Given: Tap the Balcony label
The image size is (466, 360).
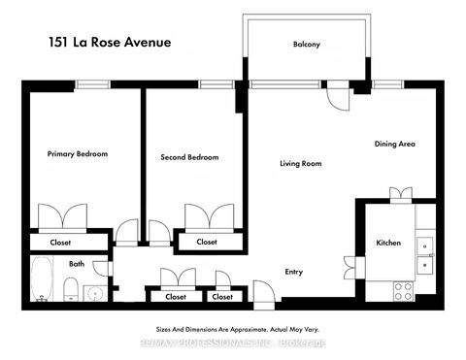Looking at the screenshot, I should tap(306, 45).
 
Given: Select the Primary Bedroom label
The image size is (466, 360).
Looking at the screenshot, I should tap(78, 154).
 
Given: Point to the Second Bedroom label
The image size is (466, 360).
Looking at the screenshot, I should tap(189, 157).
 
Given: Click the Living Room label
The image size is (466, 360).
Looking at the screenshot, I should tap(300, 163).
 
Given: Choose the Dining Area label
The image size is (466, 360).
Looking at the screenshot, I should tap(395, 144).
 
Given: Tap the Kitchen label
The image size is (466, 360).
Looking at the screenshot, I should tap(388, 243).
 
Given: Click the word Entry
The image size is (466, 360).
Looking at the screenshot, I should tap(296, 274).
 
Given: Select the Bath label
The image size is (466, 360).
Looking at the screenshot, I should tap(76, 263).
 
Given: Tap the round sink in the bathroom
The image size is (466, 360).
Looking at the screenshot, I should tap(95, 292).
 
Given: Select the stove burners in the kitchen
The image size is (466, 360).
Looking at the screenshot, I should tap(403, 287).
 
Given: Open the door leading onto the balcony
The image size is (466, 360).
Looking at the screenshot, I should tap(335, 95).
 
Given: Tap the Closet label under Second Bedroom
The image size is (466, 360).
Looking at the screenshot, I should tap(207, 242).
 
